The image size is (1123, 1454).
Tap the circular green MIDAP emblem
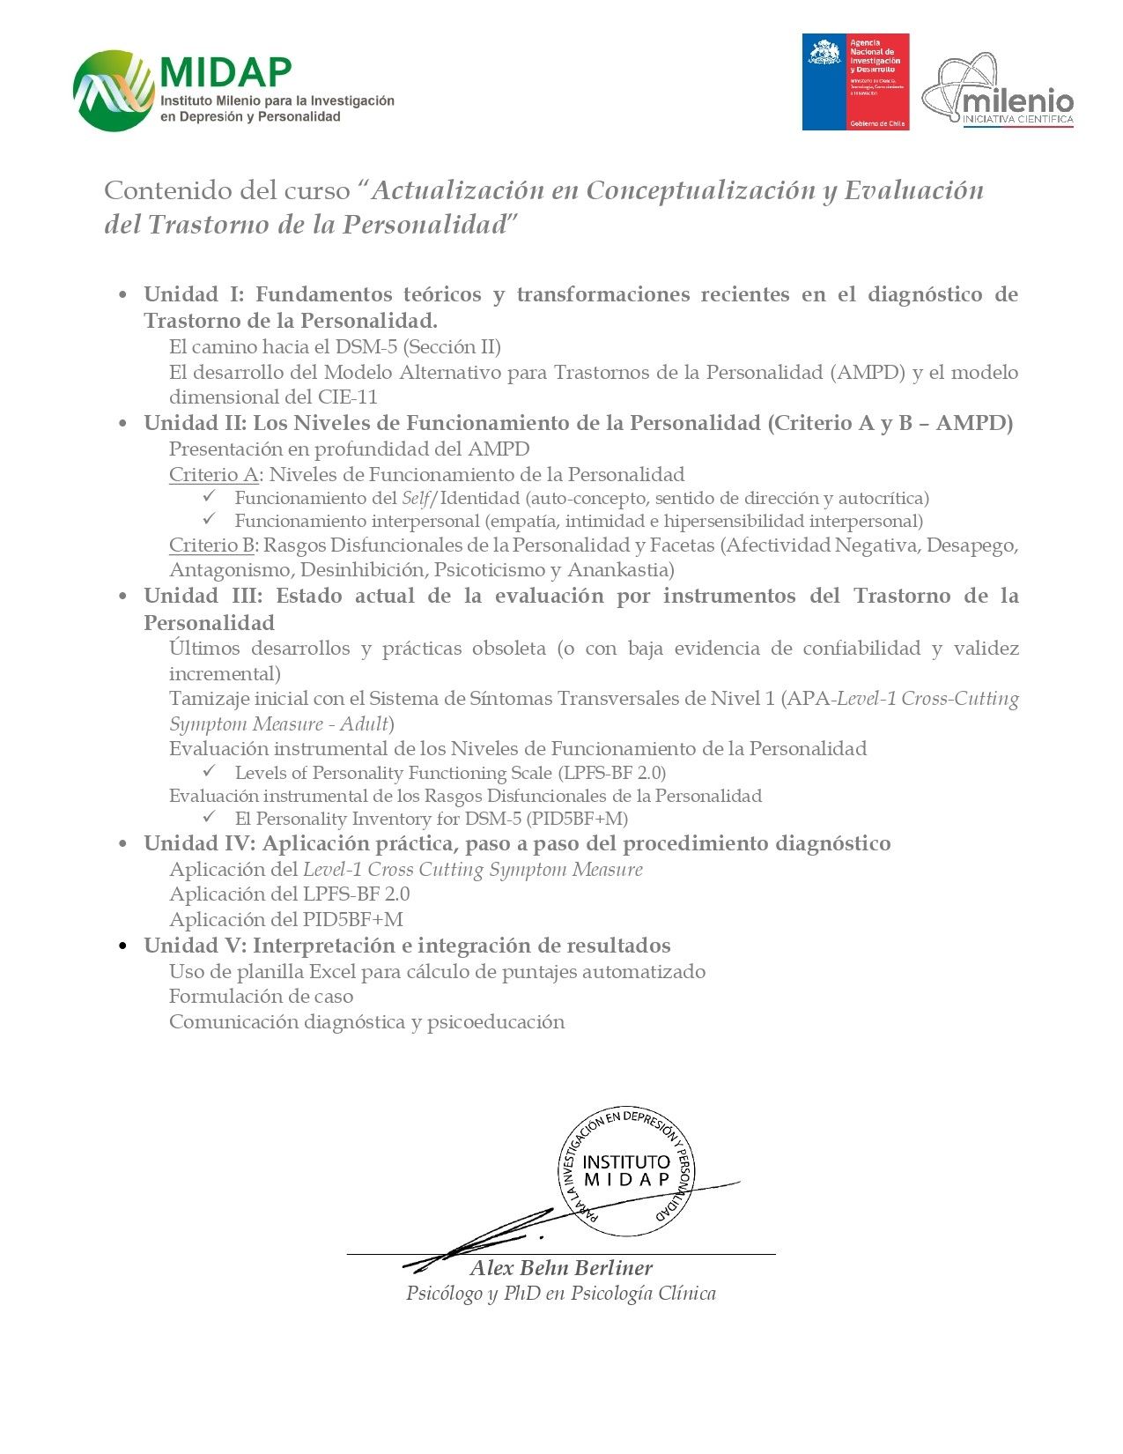[113, 91]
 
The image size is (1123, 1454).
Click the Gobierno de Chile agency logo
[854, 82]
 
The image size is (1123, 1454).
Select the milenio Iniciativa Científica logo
[998, 91]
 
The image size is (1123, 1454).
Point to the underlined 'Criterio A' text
[213, 475]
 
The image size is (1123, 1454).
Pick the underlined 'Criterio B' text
[212, 545]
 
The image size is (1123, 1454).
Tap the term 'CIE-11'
[347, 397]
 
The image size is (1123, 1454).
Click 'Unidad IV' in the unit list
[198, 844]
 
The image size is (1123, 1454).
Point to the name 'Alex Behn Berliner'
[561, 1268]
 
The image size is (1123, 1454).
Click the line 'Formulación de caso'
[261, 997]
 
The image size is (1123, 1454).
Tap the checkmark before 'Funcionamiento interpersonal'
[210, 520]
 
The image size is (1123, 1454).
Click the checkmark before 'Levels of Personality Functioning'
[210, 772]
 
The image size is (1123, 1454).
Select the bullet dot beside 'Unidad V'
[124, 946]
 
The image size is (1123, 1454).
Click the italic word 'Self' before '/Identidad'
[414, 498]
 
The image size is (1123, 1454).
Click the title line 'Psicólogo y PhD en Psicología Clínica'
[560, 1294]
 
